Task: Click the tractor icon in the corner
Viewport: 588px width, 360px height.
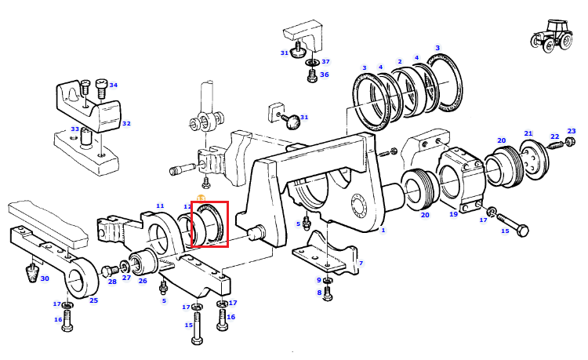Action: click(551, 35)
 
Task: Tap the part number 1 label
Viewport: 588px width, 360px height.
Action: click(383, 230)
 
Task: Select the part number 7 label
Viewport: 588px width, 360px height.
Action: click(361, 264)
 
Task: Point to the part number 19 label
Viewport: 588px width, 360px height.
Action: click(454, 214)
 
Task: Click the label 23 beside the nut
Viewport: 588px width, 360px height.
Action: click(571, 131)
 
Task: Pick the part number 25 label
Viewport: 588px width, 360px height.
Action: click(93, 300)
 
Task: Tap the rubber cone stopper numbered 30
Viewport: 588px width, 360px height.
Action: click(33, 273)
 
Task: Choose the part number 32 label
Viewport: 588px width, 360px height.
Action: click(126, 123)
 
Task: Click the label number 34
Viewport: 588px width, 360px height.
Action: click(113, 85)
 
